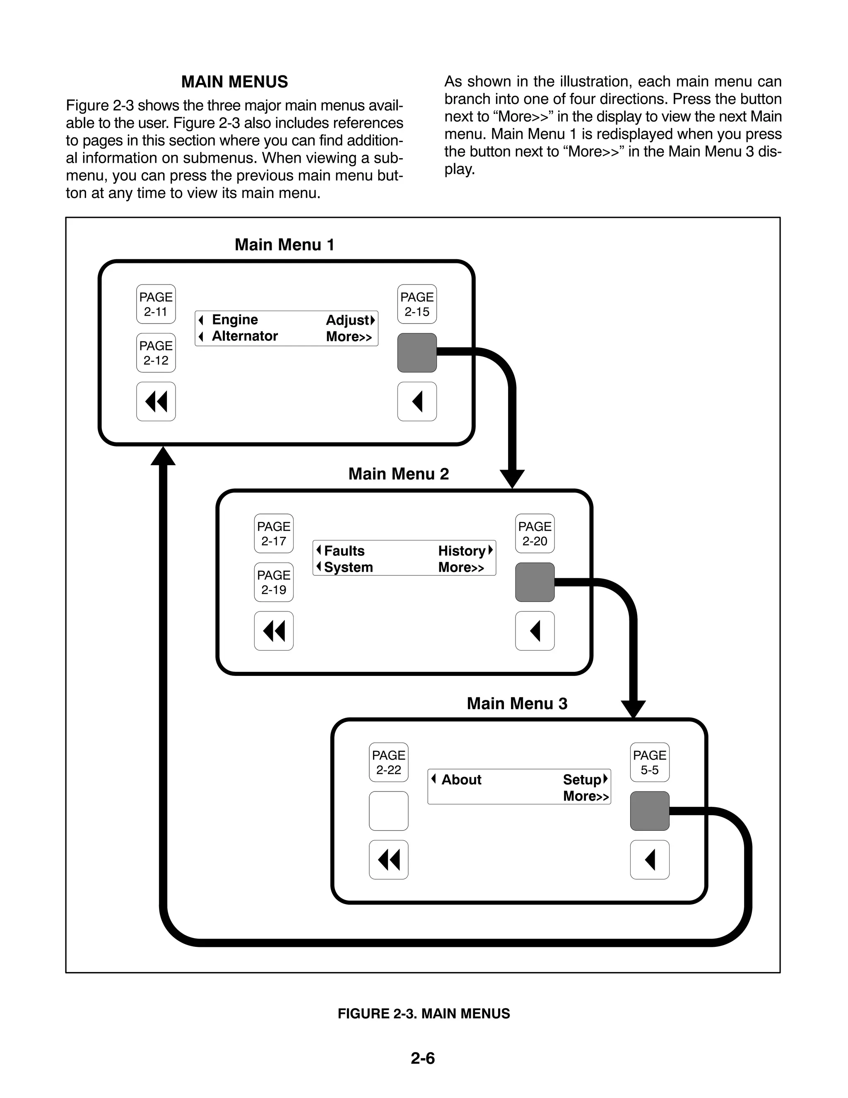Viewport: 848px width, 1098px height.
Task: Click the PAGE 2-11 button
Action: [x=156, y=304]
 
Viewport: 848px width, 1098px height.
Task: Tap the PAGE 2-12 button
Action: [x=156, y=353]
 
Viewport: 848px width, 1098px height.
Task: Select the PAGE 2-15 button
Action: [x=417, y=304]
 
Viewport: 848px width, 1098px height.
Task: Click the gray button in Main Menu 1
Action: [x=417, y=353]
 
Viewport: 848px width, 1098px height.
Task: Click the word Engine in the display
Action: [x=235, y=320]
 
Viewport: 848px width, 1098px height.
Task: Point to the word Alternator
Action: [x=245, y=336]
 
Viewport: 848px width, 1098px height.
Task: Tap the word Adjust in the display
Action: [x=348, y=320]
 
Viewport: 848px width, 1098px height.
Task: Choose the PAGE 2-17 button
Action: [x=273, y=533]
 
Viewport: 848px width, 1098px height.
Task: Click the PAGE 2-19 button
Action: [x=273, y=582]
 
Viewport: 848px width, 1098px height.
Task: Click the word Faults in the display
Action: [x=344, y=551]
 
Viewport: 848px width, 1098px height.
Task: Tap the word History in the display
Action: [x=461, y=551]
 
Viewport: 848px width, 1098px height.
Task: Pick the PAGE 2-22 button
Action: [x=388, y=762]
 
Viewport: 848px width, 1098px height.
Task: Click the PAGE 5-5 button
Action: [x=649, y=762]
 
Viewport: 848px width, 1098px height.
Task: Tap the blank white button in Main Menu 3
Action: [x=388, y=811]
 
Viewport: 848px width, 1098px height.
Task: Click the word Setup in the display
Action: [x=582, y=780]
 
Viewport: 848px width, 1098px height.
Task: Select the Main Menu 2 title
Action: [x=399, y=474]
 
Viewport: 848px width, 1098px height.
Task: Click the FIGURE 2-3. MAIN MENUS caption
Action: [x=424, y=1014]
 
